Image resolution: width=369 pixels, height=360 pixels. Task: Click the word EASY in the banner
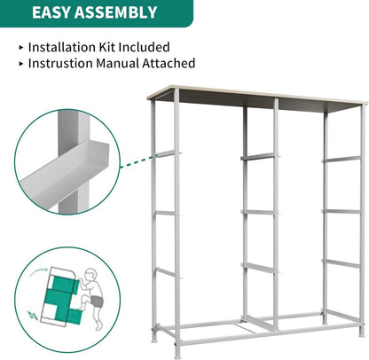(x=51, y=12)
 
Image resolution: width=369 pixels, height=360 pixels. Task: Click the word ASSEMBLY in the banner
(x=115, y=12)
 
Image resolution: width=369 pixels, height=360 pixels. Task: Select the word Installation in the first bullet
(x=60, y=47)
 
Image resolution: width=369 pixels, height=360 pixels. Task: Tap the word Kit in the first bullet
(x=106, y=47)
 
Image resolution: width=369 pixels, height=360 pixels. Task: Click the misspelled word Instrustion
(x=60, y=63)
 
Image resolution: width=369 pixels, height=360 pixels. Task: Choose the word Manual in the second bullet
(x=118, y=63)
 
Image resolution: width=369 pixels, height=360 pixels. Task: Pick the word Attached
(x=169, y=63)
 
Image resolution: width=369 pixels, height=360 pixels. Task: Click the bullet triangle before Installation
(x=21, y=47)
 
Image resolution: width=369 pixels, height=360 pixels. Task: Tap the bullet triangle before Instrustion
(x=21, y=64)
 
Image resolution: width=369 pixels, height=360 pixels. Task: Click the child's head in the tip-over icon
(x=90, y=274)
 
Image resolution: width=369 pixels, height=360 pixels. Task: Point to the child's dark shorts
(x=97, y=301)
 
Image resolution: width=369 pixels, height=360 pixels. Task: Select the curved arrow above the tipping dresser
(x=39, y=271)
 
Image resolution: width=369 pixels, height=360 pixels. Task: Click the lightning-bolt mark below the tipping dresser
(x=33, y=316)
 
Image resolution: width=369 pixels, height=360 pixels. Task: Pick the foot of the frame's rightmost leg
(x=361, y=333)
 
